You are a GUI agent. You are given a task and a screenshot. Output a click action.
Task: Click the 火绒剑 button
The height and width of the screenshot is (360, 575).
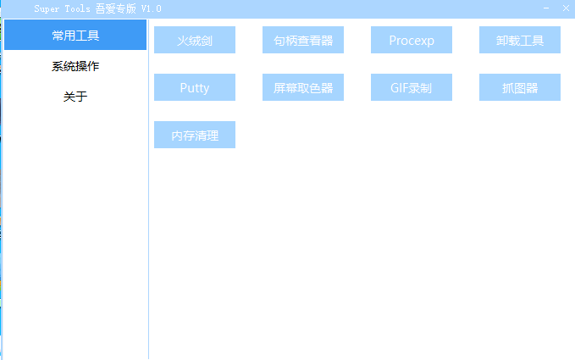tap(195, 40)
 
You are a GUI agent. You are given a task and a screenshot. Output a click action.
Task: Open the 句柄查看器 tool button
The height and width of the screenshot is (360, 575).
tap(303, 40)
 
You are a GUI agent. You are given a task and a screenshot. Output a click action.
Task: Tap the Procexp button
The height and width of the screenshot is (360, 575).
tap(412, 40)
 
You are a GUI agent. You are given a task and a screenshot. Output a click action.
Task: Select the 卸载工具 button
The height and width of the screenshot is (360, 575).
tap(520, 40)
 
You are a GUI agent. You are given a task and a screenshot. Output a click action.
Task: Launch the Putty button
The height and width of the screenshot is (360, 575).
tap(195, 87)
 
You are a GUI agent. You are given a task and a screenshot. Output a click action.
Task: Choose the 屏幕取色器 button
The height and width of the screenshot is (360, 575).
tap(303, 87)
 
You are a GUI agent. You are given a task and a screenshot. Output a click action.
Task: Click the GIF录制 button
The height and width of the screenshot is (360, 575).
tap(412, 87)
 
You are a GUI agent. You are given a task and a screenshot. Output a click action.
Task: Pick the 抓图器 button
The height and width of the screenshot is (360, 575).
tap(520, 87)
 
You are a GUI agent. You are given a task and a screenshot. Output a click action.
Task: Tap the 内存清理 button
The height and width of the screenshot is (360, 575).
tap(195, 135)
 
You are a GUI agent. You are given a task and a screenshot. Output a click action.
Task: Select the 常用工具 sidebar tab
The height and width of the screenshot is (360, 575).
tap(75, 35)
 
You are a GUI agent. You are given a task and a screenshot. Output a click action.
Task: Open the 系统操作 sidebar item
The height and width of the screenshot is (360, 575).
tap(75, 66)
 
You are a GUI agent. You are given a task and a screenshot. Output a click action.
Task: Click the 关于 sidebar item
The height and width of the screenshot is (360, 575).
tap(75, 97)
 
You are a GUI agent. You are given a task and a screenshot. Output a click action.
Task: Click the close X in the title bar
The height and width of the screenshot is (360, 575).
tap(566, 8)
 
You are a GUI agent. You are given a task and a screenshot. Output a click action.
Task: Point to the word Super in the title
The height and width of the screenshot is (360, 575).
tap(47, 8)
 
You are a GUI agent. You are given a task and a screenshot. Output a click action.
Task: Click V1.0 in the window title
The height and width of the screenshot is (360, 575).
tap(151, 8)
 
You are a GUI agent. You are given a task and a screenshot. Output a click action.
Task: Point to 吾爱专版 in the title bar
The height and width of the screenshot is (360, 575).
tap(115, 8)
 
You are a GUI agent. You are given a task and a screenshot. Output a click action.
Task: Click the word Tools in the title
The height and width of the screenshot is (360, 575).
tap(77, 8)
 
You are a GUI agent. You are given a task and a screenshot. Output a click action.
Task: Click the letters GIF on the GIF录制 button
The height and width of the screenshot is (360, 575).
tap(400, 88)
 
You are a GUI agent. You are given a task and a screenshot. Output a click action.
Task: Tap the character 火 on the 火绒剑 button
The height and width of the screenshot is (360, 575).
tap(183, 41)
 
